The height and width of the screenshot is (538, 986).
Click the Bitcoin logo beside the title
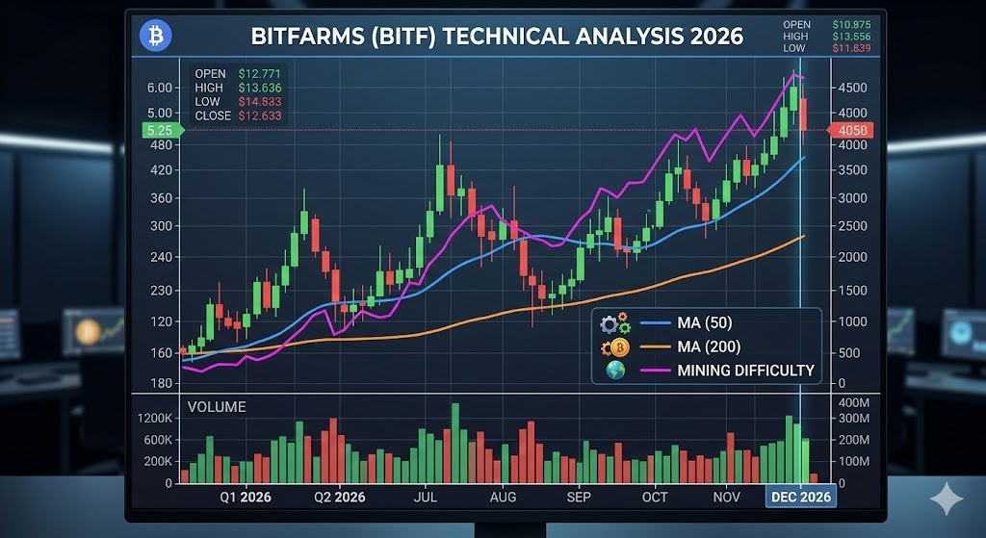155,37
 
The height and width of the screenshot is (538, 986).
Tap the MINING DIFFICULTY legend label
745,371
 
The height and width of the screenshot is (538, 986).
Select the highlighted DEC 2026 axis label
801,497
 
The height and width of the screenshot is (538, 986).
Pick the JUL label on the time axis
428,497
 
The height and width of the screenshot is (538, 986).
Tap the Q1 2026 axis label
246,497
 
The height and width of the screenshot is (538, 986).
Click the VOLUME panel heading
217,407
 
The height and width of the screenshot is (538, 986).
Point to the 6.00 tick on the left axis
159,88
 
